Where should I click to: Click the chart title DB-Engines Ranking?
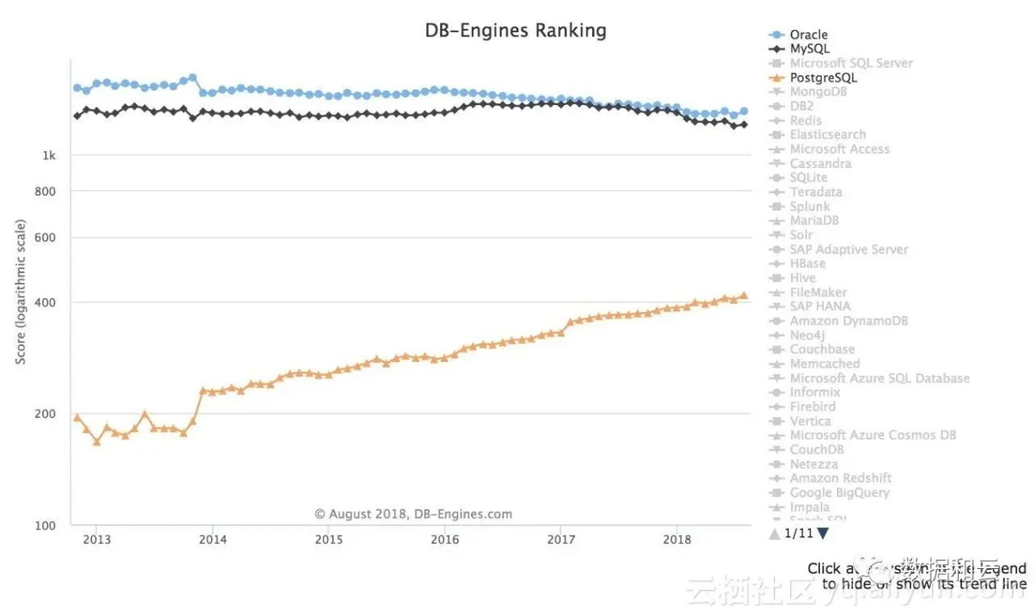pos(515,31)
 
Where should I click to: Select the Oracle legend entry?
pos(808,35)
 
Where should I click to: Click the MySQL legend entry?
pos(809,49)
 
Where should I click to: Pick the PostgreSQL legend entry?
pos(822,78)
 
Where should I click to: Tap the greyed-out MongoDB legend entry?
pos(818,92)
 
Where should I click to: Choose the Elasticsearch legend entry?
pos(827,135)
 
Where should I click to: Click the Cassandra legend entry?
pos(820,164)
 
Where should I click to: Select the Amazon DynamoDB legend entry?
pos(848,321)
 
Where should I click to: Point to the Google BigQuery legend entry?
pos(839,493)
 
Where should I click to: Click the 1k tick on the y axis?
pos(49,155)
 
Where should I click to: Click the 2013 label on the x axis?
pos(96,539)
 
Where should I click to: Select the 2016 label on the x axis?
pos(444,539)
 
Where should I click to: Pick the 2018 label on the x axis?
pos(676,539)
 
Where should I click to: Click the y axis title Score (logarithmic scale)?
pos(21,292)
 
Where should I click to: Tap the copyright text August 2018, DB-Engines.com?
pos(413,514)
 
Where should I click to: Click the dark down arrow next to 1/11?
pos(822,533)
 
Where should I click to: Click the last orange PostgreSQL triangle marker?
pos(743,296)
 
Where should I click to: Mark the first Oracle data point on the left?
pos(77,87)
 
